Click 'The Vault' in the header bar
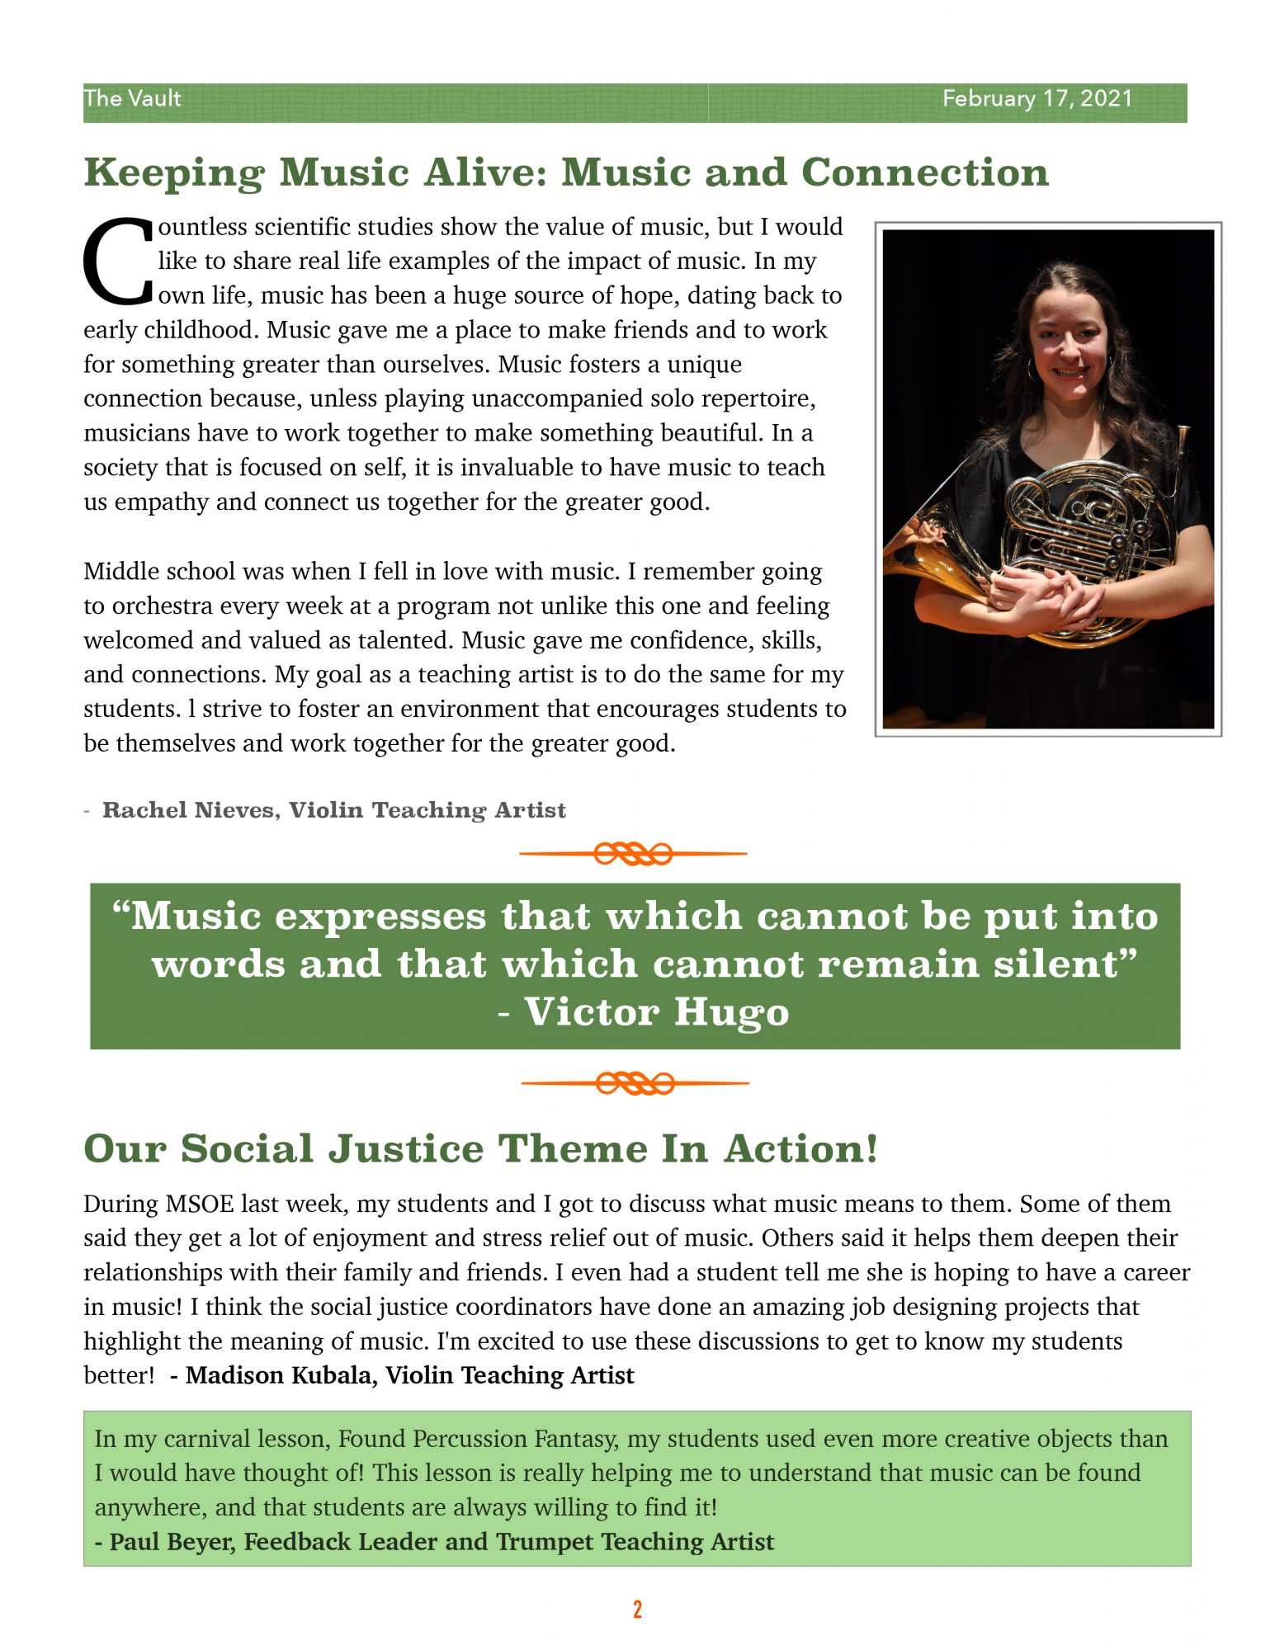[132, 98]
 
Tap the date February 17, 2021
[1037, 98]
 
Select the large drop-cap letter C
[118, 260]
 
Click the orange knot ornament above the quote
[633, 854]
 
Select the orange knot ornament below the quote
[635, 1083]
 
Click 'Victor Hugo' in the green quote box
[656, 1012]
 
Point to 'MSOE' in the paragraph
[200, 1204]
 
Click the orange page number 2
[637, 1610]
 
